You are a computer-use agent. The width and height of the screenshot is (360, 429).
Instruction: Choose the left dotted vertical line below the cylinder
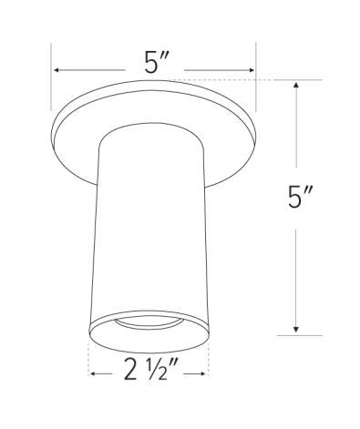pyautogui.click(x=87, y=360)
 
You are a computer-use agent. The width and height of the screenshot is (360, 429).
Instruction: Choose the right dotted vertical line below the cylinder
pyautogui.click(x=209, y=360)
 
